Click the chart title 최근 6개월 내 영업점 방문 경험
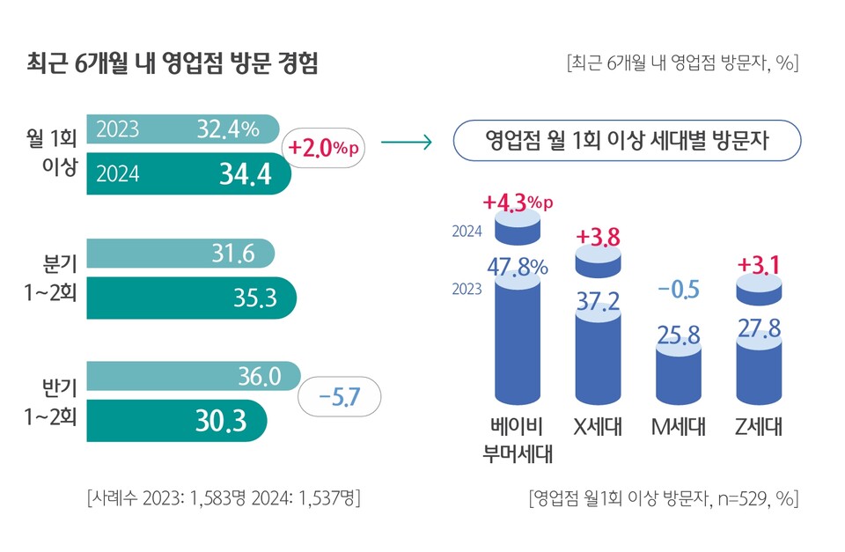pos(173,64)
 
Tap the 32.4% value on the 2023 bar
pos(228,130)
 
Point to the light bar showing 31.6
pos(180,254)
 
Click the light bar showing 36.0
pos(194,378)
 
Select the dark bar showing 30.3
pos(176,421)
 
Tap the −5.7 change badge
pos(339,399)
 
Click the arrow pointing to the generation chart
pos(406,143)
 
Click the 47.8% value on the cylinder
pos(518,267)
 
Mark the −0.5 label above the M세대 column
pos(679,290)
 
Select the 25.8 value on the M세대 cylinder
pos(679,335)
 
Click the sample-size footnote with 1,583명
pos(224,498)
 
